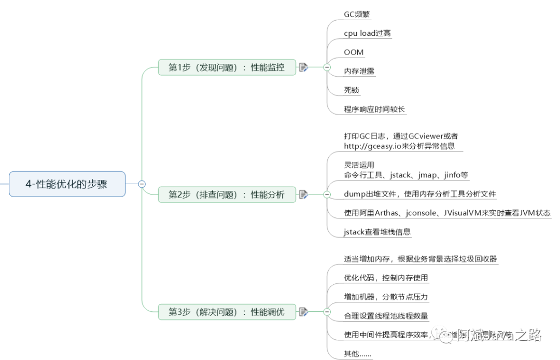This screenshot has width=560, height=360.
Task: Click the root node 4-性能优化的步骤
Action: click(x=67, y=184)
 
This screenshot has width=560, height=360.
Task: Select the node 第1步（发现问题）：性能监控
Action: click(x=227, y=67)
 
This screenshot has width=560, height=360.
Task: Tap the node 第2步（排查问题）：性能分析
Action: click(x=227, y=195)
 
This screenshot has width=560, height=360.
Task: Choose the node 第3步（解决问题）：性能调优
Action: click(x=227, y=312)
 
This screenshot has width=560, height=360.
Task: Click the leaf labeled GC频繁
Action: click(x=357, y=15)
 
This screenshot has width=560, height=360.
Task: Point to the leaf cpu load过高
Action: click(x=367, y=33)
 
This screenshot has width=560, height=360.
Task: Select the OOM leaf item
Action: click(x=354, y=52)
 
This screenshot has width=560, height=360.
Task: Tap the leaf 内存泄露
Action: click(x=359, y=71)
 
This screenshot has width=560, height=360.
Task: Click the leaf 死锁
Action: click(x=352, y=90)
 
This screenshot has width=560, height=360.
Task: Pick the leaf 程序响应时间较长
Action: click(x=374, y=109)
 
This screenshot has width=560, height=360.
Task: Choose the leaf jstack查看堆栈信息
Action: click(x=377, y=232)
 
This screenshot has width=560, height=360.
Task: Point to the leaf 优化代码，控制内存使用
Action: click(x=386, y=278)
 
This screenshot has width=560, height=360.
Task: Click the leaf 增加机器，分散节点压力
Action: click(x=386, y=297)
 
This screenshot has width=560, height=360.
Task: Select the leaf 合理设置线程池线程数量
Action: click(x=386, y=315)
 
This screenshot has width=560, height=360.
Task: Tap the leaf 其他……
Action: click(x=357, y=354)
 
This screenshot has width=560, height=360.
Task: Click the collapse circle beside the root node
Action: click(x=142, y=184)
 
